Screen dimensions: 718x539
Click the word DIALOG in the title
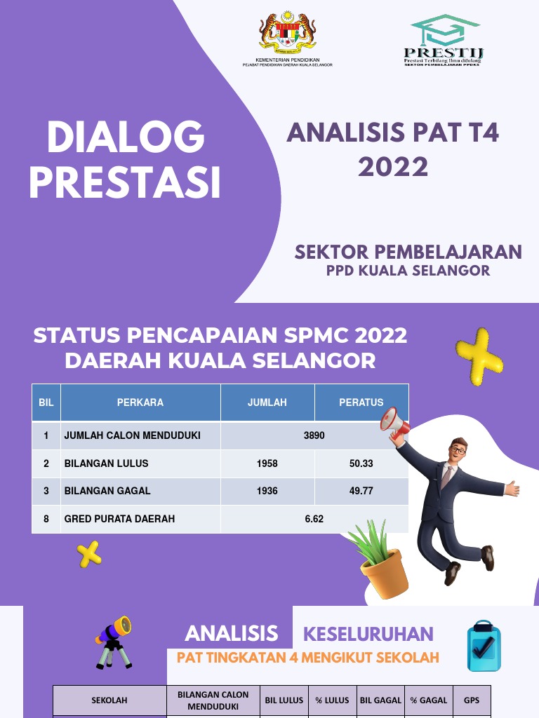click(126, 138)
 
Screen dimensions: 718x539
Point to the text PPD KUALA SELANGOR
click(408, 271)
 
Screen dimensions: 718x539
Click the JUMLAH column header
click(267, 402)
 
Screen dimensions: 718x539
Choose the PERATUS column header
click(361, 402)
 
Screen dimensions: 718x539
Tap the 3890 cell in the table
click(314, 435)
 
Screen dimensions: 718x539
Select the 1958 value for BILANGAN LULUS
click(267, 463)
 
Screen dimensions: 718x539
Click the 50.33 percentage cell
click(361, 463)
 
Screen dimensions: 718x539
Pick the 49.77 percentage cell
click(361, 491)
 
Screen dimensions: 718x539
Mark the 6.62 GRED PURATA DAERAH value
click(314, 519)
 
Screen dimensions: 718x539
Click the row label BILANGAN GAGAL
click(107, 491)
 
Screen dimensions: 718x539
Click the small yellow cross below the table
click(89, 555)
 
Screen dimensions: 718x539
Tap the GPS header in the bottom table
click(471, 700)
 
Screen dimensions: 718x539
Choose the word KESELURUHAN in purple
click(368, 635)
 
